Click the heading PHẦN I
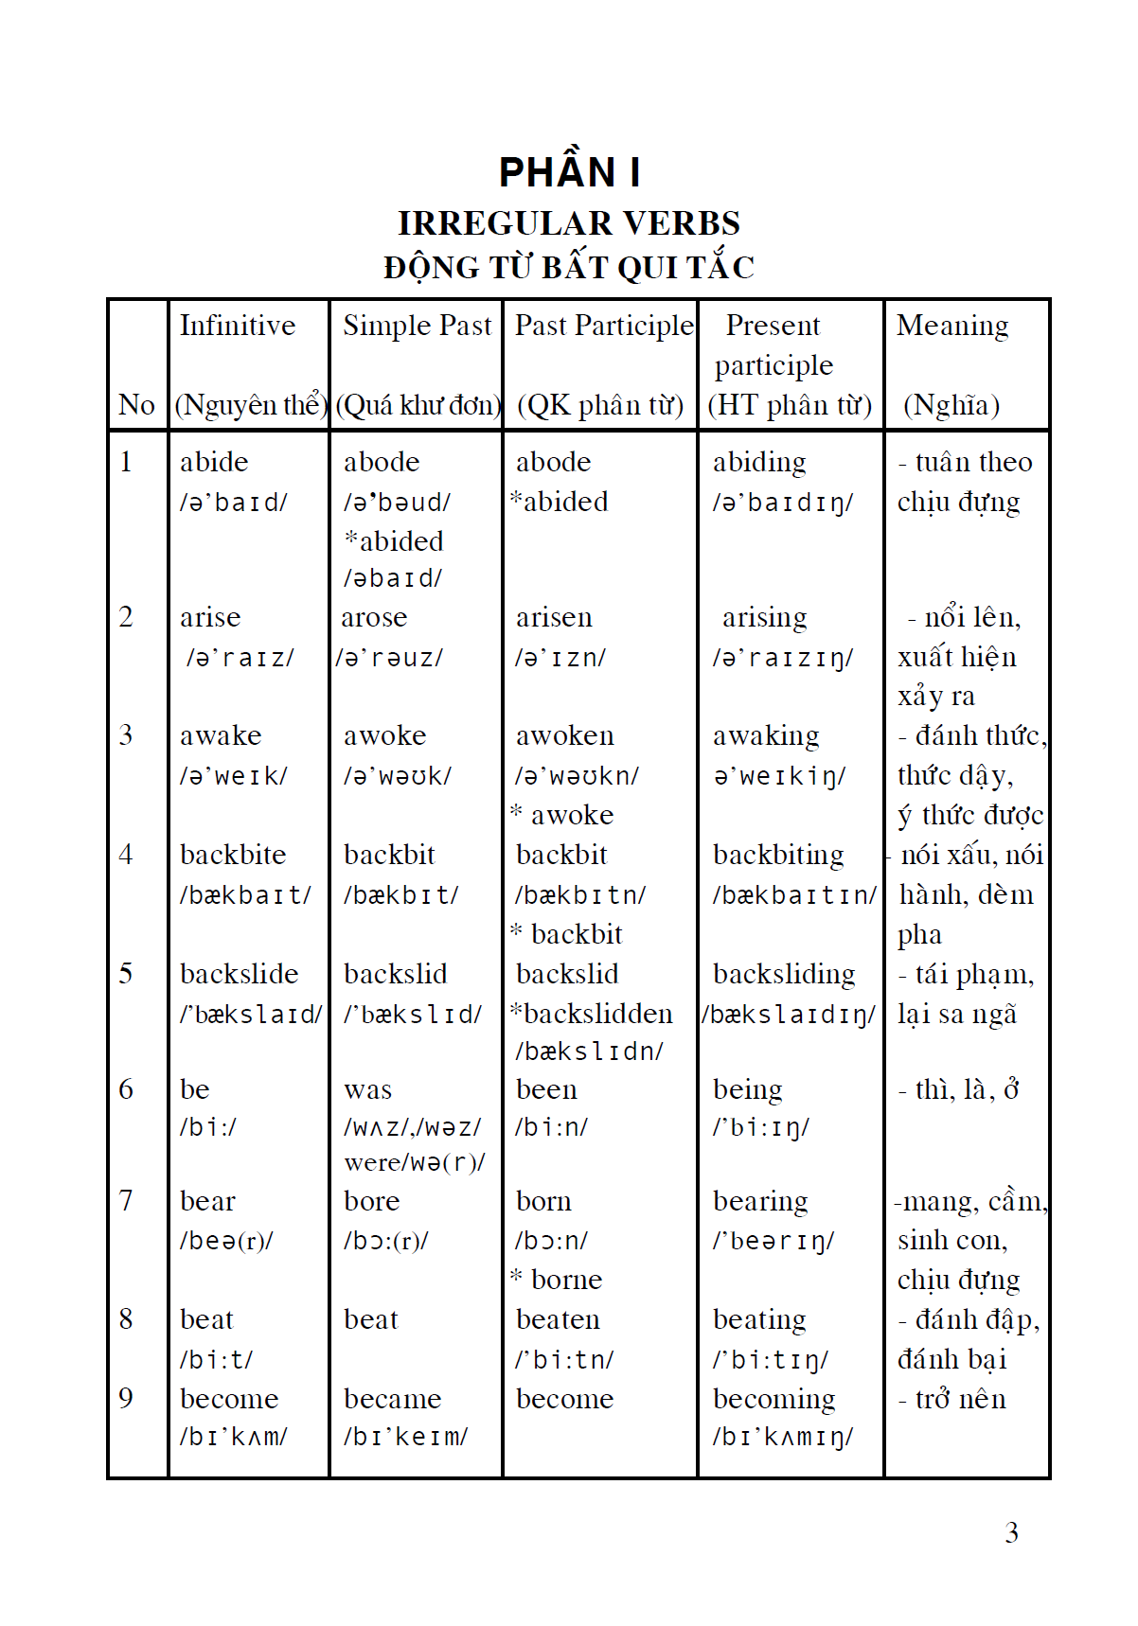(569, 172)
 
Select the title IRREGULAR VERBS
(569, 223)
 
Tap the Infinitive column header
(238, 326)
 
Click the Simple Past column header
(417, 326)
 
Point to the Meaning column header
(952, 326)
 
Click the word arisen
(554, 618)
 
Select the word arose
(374, 618)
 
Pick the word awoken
(564, 736)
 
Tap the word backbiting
(778, 855)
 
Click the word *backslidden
(592, 1014)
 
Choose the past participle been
(546, 1089)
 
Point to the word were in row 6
(371, 1162)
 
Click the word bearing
(760, 1201)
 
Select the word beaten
(558, 1319)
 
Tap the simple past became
(392, 1399)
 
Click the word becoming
(773, 1399)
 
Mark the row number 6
(126, 1089)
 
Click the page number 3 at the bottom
(1011, 1532)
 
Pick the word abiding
(759, 462)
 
